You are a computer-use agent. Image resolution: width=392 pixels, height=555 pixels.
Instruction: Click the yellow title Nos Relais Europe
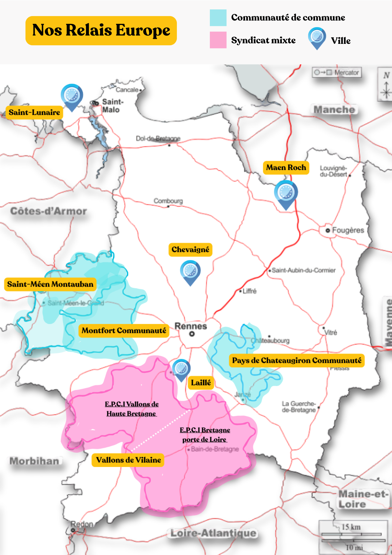click(x=101, y=31)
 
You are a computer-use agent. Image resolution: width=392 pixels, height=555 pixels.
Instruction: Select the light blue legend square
click(x=218, y=18)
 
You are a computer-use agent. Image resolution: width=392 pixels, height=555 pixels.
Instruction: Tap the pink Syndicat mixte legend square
click(x=218, y=40)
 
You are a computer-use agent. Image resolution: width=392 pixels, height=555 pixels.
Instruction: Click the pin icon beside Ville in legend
click(x=317, y=37)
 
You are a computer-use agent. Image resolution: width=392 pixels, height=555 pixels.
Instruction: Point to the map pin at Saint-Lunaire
click(x=72, y=96)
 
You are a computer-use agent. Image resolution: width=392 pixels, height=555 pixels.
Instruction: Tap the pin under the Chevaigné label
click(x=190, y=271)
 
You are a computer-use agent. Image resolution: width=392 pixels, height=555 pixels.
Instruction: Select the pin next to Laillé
click(x=181, y=369)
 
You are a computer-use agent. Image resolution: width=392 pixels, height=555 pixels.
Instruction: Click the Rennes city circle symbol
click(x=192, y=334)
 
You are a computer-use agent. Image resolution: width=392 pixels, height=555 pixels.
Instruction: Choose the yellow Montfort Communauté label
click(x=124, y=331)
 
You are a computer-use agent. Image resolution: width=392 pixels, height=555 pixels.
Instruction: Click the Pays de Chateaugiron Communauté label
click(x=297, y=360)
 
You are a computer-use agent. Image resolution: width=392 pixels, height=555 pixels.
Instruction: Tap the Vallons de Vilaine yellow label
click(x=128, y=460)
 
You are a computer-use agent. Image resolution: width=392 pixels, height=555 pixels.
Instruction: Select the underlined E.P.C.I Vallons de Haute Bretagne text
click(x=132, y=409)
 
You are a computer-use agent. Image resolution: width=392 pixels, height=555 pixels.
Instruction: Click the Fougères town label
click(x=348, y=230)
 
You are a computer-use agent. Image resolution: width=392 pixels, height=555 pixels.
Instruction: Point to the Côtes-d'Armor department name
click(x=49, y=211)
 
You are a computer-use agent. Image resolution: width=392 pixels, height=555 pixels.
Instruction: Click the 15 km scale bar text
click(x=351, y=527)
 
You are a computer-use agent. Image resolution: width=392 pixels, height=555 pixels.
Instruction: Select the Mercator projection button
click(x=337, y=72)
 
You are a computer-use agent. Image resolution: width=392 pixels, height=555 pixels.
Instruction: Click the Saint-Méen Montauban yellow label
click(x=50, y=284)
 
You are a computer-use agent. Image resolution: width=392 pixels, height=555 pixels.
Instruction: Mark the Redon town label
click(x=82, y=524)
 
